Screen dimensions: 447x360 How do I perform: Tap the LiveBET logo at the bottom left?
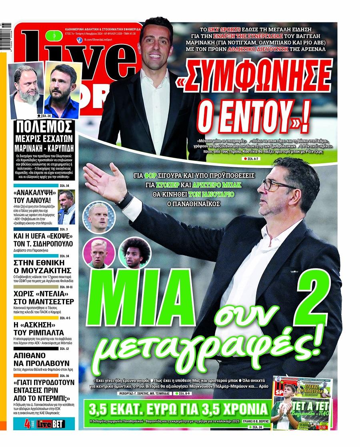(x=50, y=423)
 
